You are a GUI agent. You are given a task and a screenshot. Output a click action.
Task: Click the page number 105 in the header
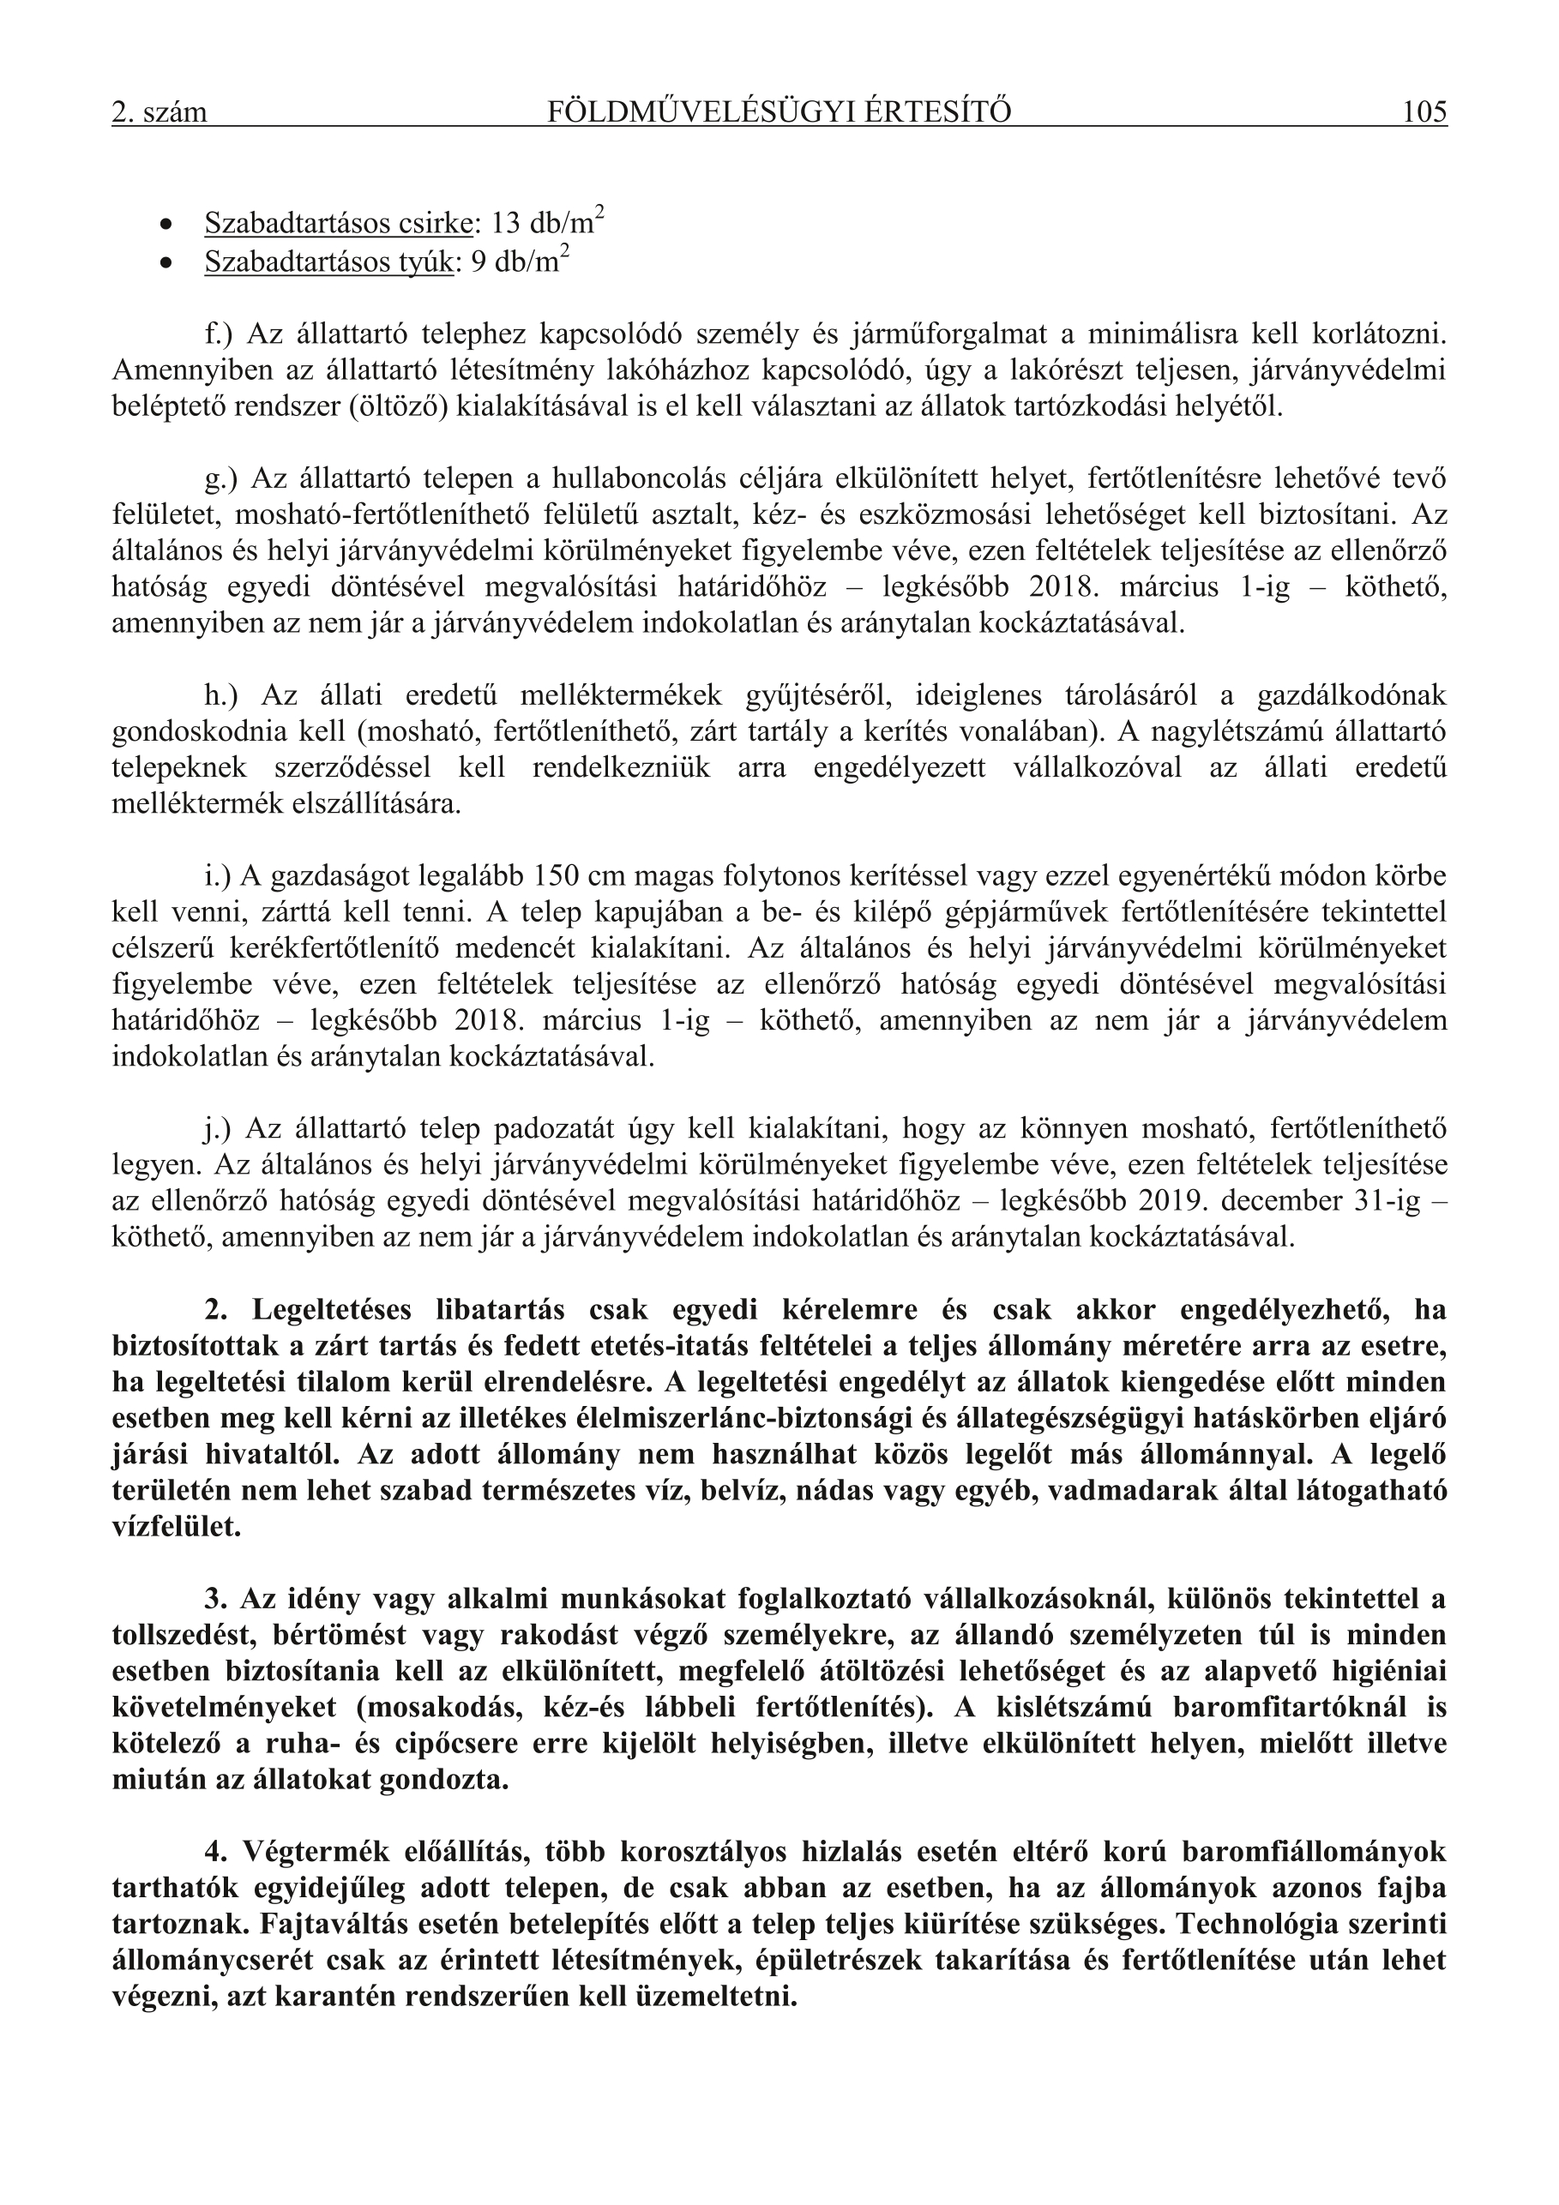tap(1424, 112)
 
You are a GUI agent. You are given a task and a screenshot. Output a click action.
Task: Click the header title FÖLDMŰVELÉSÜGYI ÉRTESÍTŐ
tap(779, 112)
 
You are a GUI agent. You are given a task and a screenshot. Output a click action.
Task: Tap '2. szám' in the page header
tap(160, 113)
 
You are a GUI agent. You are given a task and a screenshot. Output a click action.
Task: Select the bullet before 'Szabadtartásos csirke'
tap(167, 225)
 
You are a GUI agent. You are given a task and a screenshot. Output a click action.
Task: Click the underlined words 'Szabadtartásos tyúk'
tap(328, 262)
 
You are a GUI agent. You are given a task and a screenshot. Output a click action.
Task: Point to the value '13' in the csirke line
tap(505, 225)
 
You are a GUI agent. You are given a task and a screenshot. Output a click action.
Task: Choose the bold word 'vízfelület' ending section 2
tap(176, 1527)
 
